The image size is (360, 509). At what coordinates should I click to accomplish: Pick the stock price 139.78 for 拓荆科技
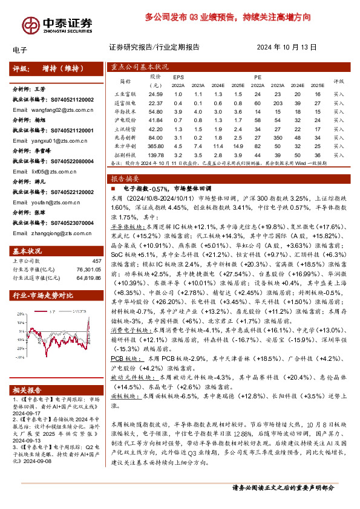[x=157, y=155]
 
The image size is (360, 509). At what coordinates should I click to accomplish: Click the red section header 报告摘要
[x=123, y=179]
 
